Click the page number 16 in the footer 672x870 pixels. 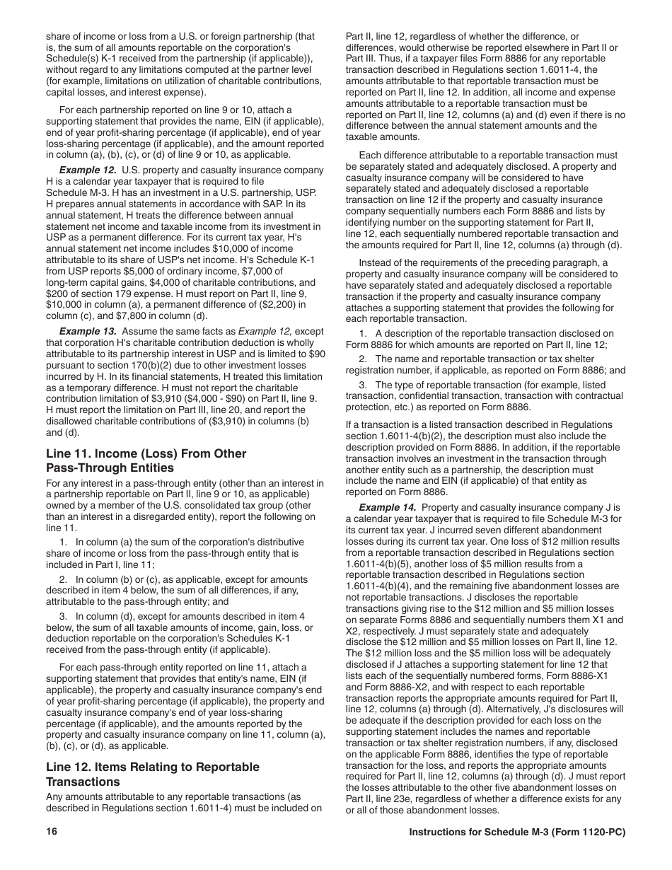(x=52, y=833)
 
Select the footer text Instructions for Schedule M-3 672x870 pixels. (x=518, y=833)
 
